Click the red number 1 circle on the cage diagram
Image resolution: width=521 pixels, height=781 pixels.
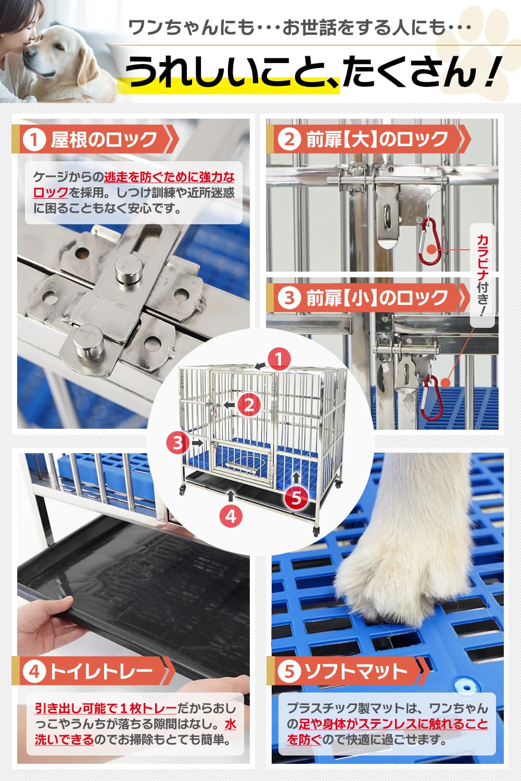click(279, 359)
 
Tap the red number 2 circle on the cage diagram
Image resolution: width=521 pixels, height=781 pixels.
click(249, 405)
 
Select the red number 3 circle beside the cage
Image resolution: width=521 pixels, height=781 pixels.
click(179, 442)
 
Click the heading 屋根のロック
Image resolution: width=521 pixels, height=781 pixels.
click(104, 139)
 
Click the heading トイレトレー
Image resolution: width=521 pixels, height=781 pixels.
click(101, 671)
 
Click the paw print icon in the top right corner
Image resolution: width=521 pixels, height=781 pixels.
click(494, 31)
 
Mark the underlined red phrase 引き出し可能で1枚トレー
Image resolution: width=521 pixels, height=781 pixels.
click(106, 708)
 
